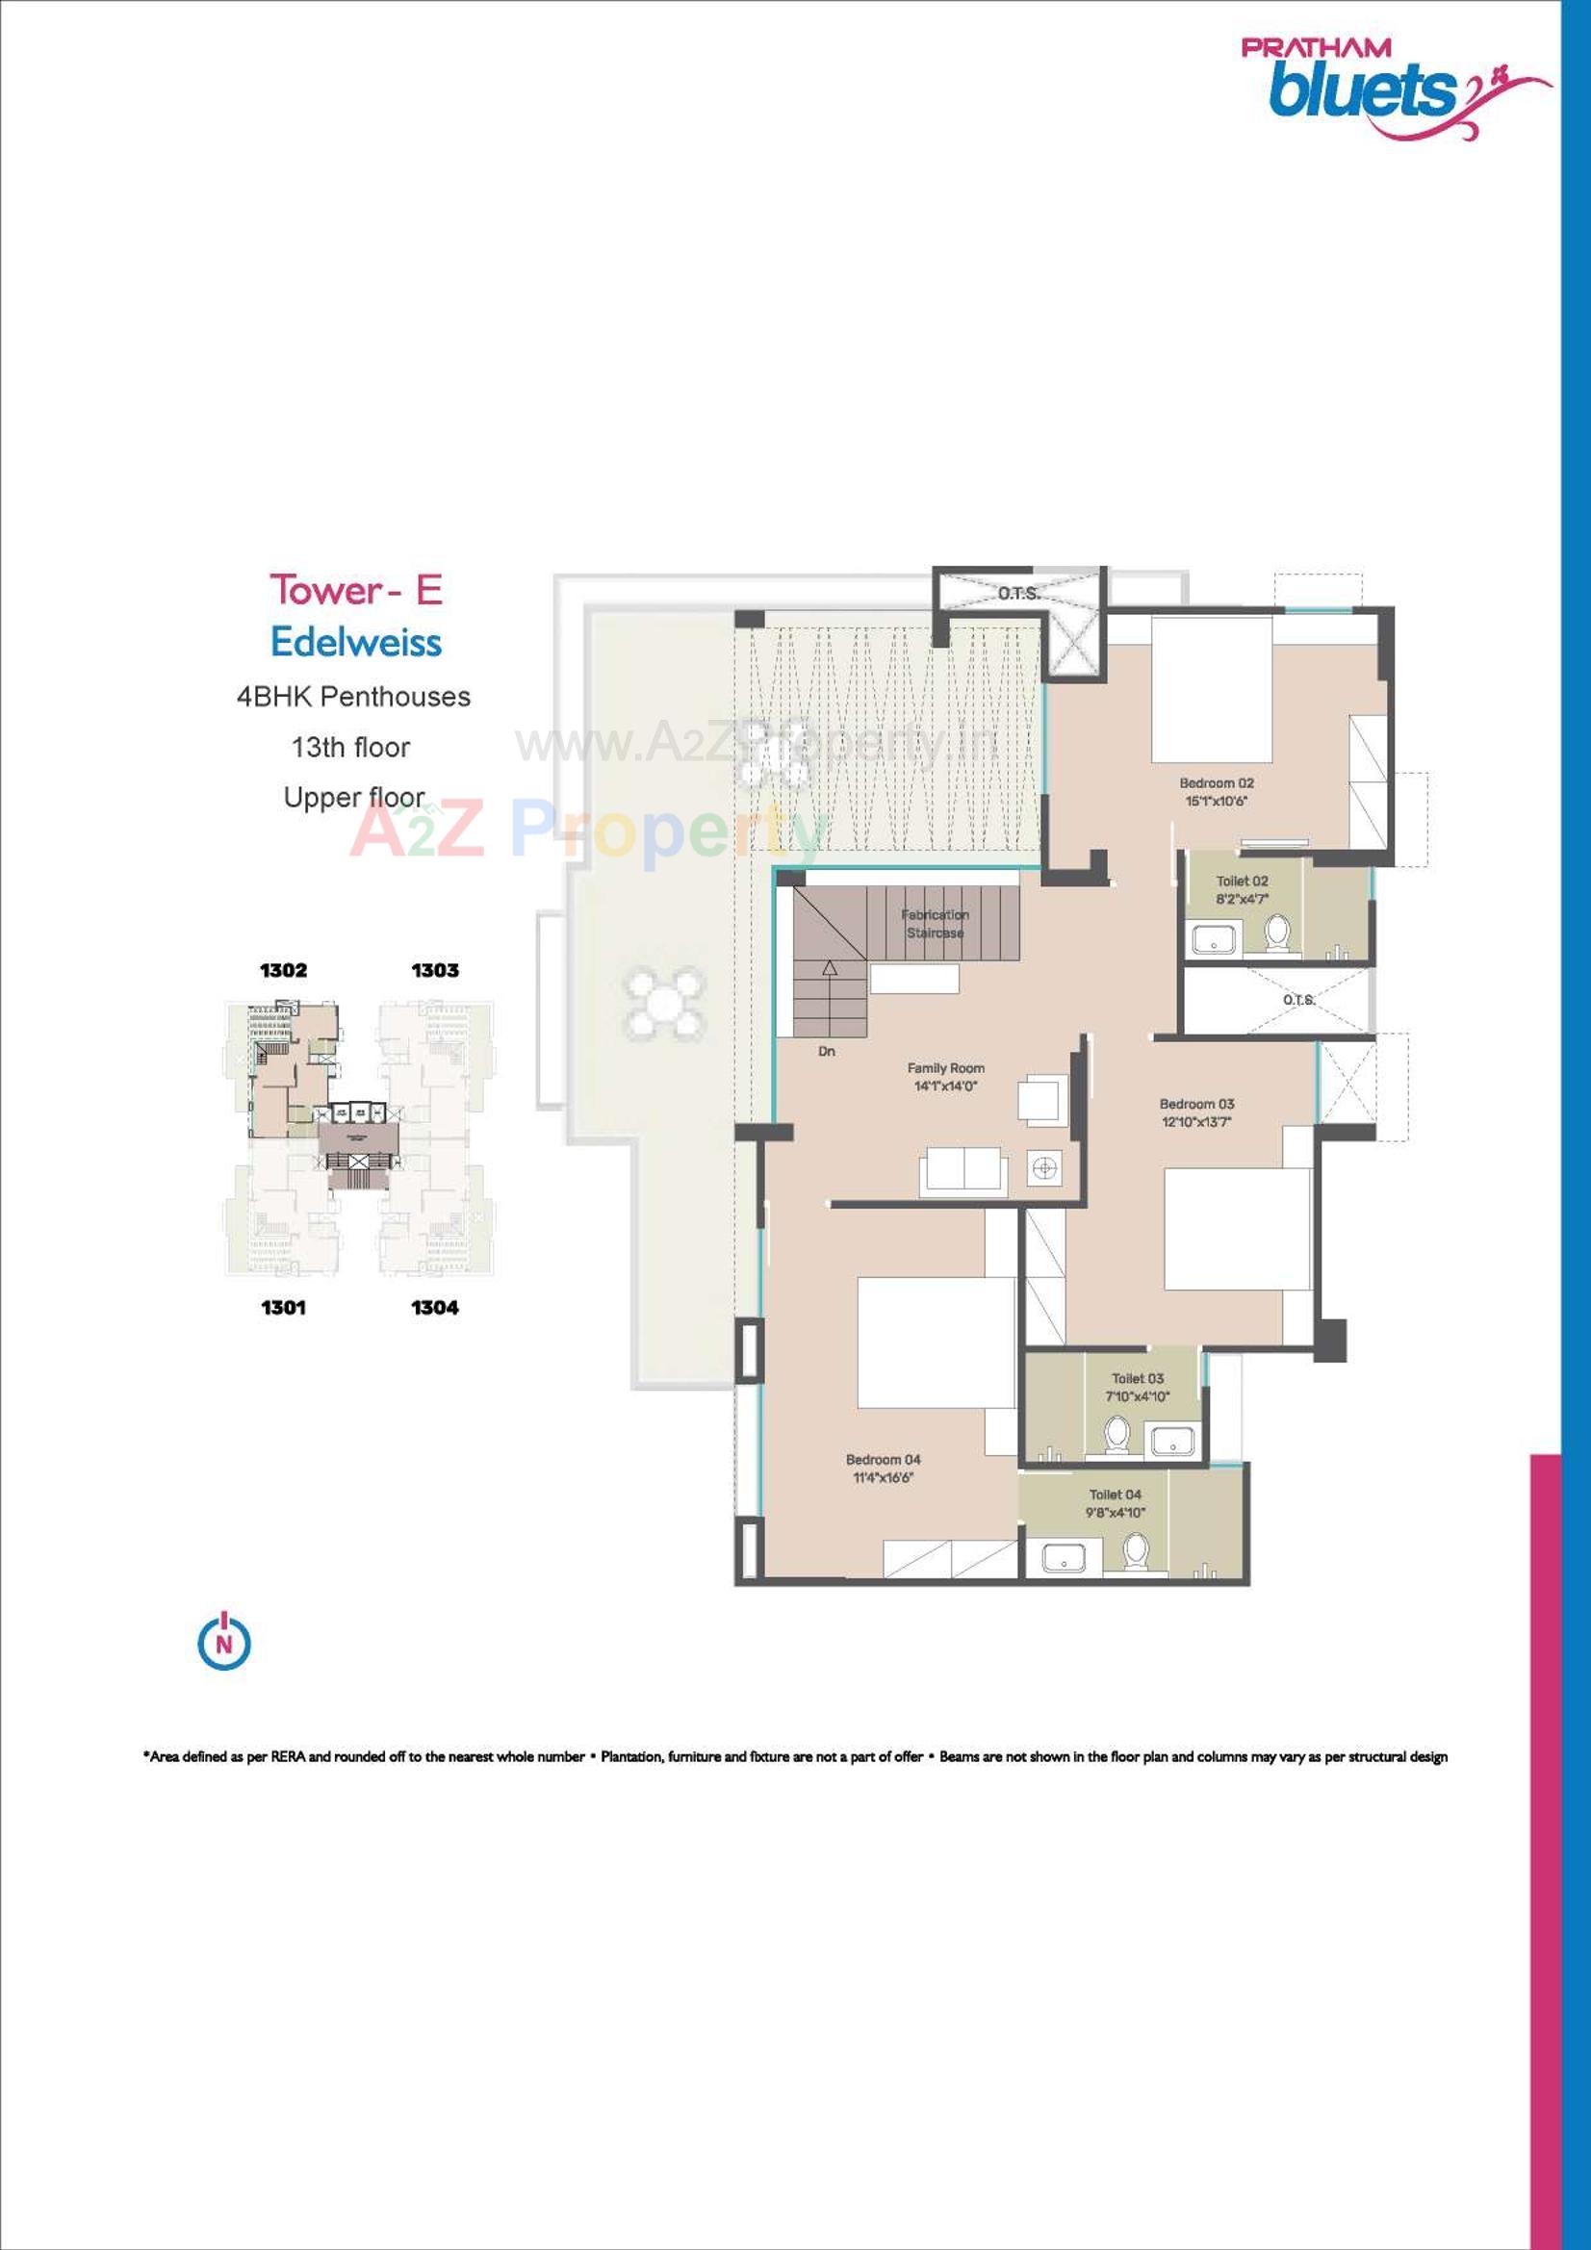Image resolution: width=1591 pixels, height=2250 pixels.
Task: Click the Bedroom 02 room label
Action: tap(1216, 783)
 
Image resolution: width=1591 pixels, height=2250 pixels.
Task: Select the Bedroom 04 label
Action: tap(884, 1460)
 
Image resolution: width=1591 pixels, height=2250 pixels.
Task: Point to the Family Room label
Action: tap(945, 1068)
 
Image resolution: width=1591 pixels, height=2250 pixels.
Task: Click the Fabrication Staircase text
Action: tap(935, 923)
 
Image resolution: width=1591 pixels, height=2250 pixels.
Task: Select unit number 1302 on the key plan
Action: tap(283, 970)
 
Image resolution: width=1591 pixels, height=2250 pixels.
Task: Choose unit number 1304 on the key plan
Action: tap(434, 1307)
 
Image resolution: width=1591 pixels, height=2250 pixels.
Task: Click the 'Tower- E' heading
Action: tap(356, 590)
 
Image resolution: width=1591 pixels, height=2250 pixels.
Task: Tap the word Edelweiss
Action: tap(356, 643)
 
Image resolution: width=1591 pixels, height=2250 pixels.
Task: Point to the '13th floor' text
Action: tap(350, 748)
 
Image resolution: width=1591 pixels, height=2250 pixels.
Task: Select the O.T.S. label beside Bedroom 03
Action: tap(1298, 1000)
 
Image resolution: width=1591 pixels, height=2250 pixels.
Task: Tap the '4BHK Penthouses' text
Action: tap(353, 697)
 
